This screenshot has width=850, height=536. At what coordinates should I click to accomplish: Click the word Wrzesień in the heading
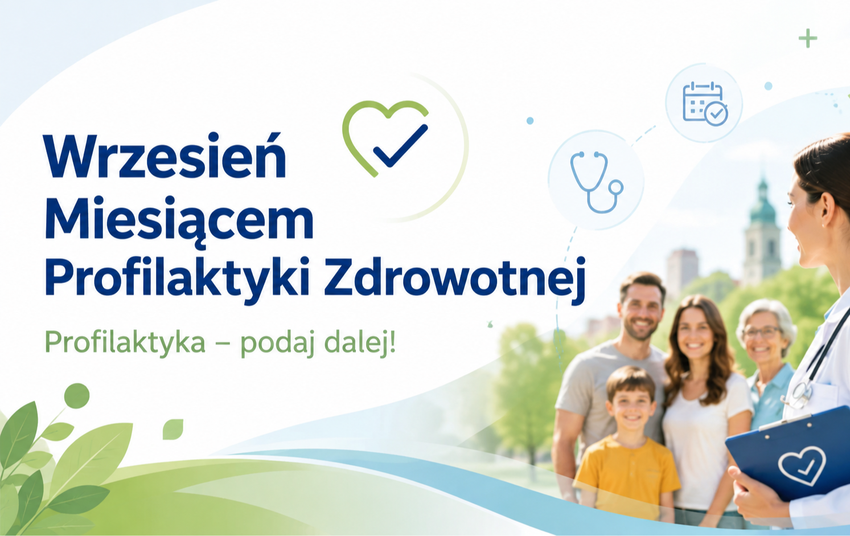(165, 156)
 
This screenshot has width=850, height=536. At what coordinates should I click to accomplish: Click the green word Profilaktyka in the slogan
(125, 343)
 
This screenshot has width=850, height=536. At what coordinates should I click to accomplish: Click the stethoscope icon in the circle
(597, 182)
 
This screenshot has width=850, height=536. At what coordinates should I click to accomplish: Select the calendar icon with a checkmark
(705, 104)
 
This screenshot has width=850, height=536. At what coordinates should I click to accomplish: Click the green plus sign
(807, 38)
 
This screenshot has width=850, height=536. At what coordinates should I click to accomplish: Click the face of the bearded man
(640, 312)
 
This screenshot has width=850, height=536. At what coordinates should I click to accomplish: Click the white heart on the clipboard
(802, 465)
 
